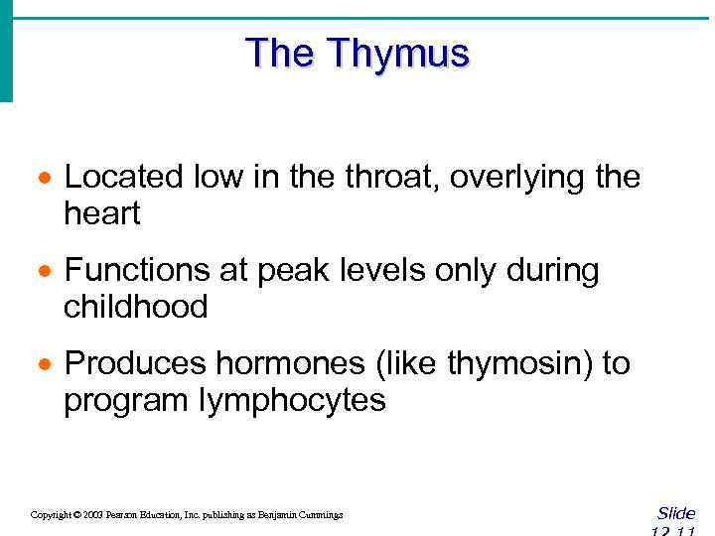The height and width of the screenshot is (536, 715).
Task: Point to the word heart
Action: click(102, 213)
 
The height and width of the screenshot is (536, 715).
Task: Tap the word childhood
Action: click(136, 307)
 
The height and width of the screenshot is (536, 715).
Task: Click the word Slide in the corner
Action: click(676, 513)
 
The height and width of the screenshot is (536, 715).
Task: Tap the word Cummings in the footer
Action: click(321, 515)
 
